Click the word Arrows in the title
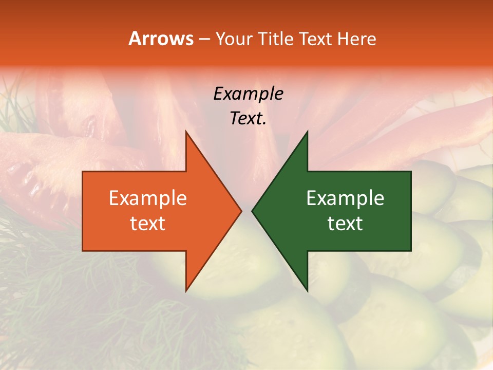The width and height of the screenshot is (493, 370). click(161, 39)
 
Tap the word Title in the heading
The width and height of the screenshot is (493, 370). click(277, 39)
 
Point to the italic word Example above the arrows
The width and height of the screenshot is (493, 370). click(248, 94)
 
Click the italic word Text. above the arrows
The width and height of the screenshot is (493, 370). click(248, 119)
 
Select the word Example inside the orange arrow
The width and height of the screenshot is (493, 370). click(148, 198)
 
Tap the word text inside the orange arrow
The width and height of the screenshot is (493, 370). click(148, 224)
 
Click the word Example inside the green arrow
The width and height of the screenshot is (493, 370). click(345, 198)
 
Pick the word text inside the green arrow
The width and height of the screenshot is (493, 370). click(345, 224)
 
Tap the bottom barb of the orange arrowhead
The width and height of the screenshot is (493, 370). click(186, 289)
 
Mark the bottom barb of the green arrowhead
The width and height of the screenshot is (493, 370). click(307, 289)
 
